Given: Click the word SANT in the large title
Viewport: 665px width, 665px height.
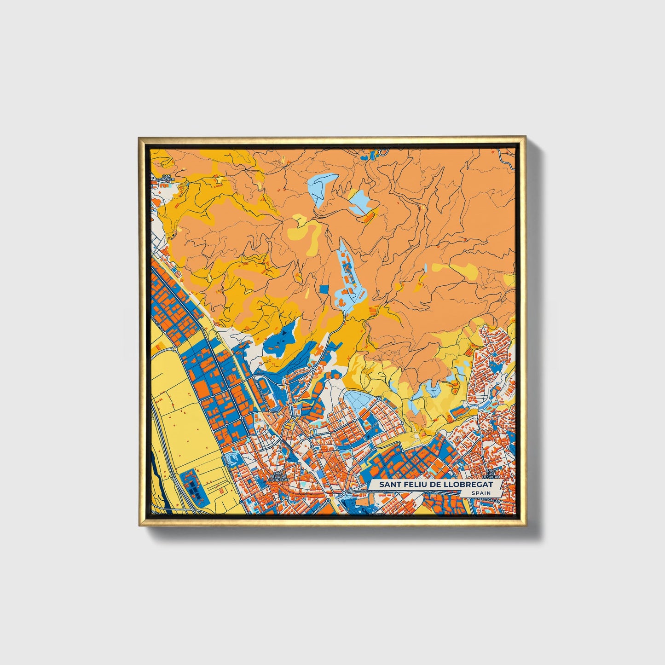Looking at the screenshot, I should click(x=389, y=485).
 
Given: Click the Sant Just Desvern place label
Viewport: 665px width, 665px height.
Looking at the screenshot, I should click(x=492, y=474).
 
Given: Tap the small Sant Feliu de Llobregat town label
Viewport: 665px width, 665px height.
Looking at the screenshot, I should click(x=278, y=476).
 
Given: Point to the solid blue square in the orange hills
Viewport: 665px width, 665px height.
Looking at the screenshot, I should click(x=324, y=289).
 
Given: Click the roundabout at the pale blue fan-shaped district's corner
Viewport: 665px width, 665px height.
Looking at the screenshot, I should click(x=378, y=399).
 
